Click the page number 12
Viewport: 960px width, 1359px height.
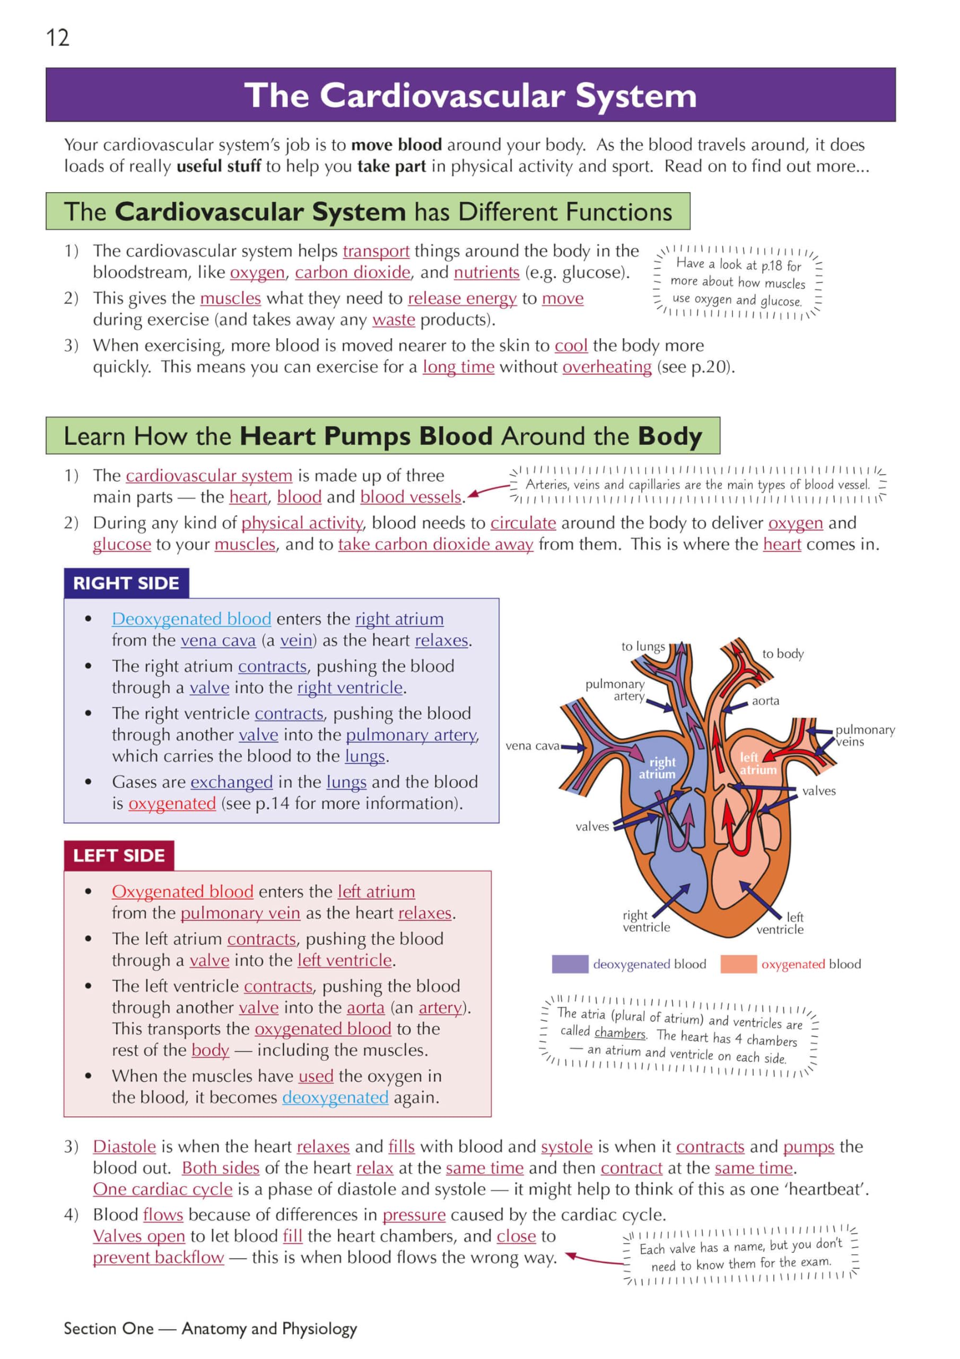(x=57, y=38)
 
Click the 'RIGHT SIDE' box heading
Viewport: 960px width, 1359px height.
(x=126, y=583)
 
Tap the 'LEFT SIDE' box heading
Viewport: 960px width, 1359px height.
(x=119, y=855)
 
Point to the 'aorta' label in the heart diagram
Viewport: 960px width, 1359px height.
(x=765, y=701)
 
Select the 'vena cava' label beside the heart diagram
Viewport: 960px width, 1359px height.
(x=533, y=746)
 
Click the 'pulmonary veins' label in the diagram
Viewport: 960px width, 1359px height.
(x=864, y=736)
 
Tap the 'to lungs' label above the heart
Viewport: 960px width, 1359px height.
(x=643, y=647)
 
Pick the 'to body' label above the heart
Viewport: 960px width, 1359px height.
(x=782, y=653)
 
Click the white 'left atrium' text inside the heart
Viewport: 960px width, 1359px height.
(x=756, y=763)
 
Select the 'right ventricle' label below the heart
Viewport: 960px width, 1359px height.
(x=645, y=921)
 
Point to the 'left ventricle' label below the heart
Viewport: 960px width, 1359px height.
(x=781, y=923)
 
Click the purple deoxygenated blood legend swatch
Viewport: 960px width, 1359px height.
(x=570, y=964)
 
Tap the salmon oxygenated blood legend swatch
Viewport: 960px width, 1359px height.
(x=738, y=964)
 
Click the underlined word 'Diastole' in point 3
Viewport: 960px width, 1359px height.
(x=124, y=1147)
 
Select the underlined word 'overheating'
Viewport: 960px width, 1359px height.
(x=607, y=367)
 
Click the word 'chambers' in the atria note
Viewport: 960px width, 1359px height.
(x=620, y=1033)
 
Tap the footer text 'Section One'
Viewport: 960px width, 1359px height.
(x=108, y=1329)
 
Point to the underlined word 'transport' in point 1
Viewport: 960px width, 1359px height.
(x=376, y=251)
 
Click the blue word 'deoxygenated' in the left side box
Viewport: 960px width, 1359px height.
(x=335, y=1097)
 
